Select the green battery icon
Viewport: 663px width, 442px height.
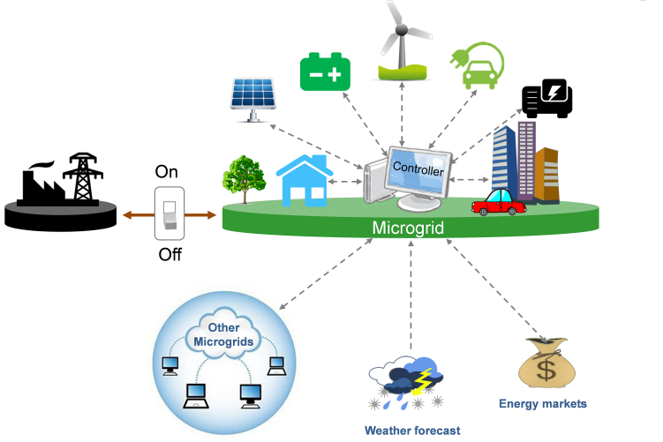(x=325, y=72)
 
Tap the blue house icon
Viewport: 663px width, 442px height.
(x=305, y=177)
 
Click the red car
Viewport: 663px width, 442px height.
(x=498, y=203)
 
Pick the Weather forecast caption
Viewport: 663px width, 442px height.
(x=412, y=431)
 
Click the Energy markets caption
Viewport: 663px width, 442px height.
(x=542, y=404)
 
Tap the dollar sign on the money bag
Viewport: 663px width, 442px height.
(x=546, y=371)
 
